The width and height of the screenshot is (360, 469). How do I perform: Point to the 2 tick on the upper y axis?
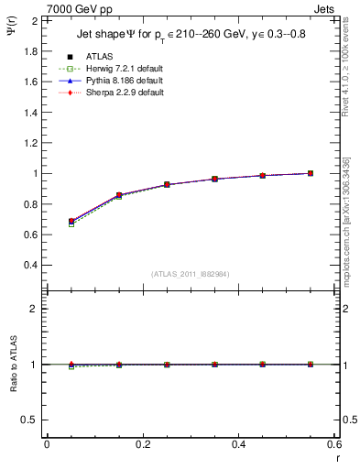(x=34, y=20)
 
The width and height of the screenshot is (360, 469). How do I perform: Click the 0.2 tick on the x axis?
(x=142, y=444)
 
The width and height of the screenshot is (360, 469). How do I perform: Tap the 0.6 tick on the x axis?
(x=334, y=444)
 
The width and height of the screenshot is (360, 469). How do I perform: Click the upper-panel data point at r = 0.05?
(x=71, y=222)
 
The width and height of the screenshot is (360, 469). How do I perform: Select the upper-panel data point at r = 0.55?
(x=311, y=173)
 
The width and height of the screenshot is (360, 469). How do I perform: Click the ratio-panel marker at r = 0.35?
(x=215, y=365)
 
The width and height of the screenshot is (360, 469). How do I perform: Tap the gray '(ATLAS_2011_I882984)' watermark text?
(x=191, y=274)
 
